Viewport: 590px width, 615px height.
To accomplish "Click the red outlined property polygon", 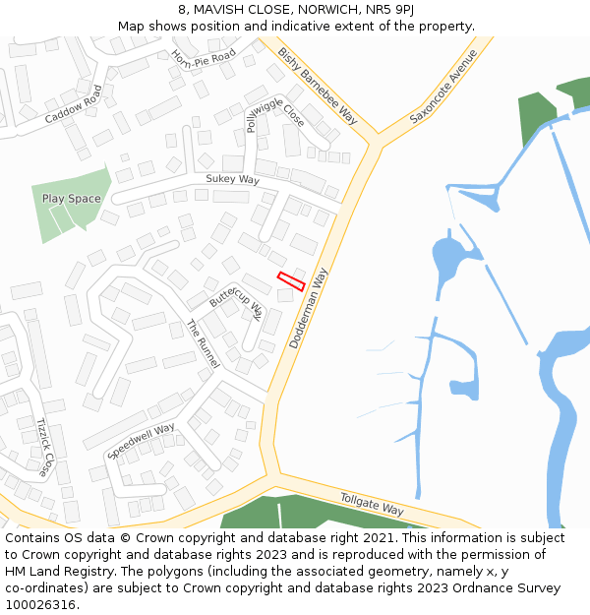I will coord(291,281).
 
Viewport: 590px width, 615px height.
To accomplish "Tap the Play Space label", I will coord(71,199).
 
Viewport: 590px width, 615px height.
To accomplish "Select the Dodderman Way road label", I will coord(308,308).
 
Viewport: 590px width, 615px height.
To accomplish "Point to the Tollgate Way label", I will coord(372,504).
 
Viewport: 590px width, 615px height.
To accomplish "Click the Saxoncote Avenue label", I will coord(442,85).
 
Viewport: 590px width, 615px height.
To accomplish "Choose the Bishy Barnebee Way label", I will coord(317,85).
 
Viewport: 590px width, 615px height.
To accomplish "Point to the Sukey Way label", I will coord(232,180).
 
